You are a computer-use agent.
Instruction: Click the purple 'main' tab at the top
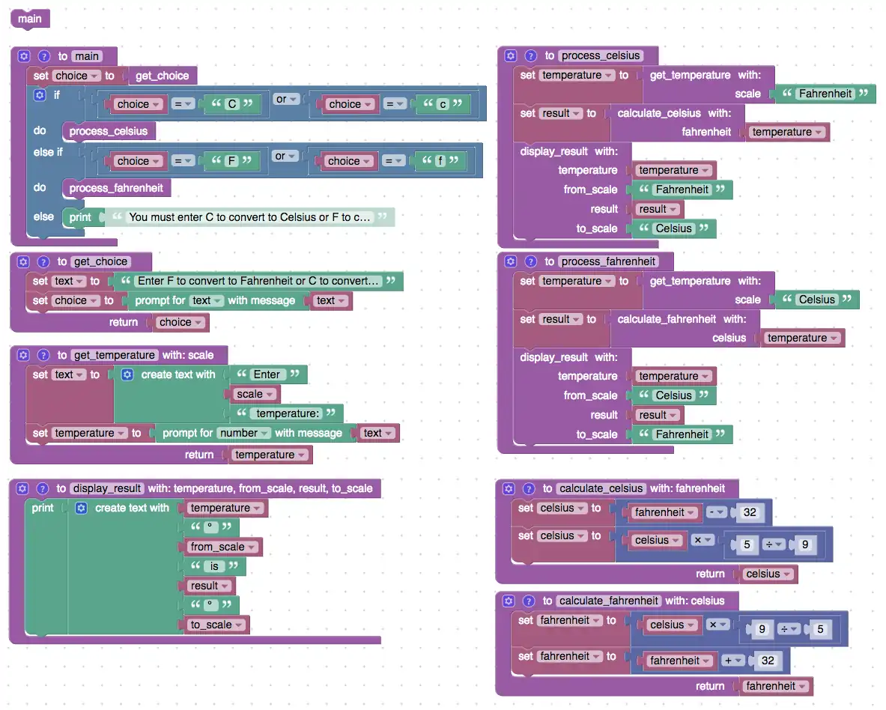(30, 19)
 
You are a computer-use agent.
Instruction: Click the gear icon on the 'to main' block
(23, 56)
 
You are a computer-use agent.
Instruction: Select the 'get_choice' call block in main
(162, 76)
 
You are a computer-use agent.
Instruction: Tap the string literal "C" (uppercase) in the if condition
(232, 104)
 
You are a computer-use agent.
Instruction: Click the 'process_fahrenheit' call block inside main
(116, 188)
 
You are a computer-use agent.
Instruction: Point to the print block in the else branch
(79, 217)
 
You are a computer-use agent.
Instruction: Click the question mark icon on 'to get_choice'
(43, 262)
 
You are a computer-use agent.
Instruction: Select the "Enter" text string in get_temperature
(267, 374)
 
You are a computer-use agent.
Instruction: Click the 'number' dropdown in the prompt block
(242, 433)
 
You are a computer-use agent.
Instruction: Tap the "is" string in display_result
(214, 566)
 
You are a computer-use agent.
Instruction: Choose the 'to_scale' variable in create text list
(216, 625)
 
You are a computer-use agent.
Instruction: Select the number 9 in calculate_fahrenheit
(762, 629)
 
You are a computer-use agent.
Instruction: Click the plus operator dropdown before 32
(733, 661)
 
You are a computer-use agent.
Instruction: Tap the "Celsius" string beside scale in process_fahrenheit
(816, 300)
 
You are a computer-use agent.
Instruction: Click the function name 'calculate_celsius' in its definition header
(601, 488)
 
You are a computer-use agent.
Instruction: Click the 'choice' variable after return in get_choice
(180, 323)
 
